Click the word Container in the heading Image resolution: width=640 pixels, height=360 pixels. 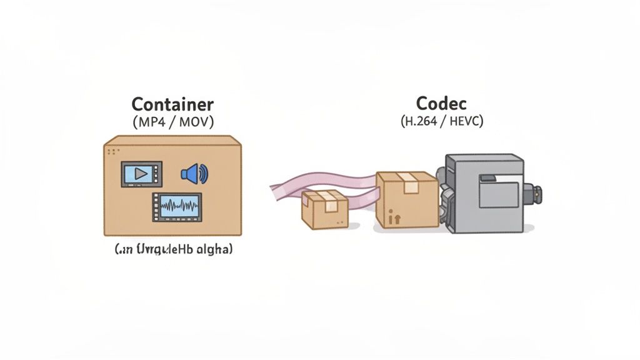(172, 104)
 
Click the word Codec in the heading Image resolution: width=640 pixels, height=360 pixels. (441, 103)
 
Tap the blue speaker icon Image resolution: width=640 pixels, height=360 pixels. (194, 174)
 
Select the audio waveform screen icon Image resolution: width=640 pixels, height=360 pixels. (177, 207)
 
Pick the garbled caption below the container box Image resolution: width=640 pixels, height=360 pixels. (173, 250)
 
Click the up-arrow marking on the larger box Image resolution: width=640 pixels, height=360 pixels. (394, 219)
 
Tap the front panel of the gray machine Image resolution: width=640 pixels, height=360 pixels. (498, 191)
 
